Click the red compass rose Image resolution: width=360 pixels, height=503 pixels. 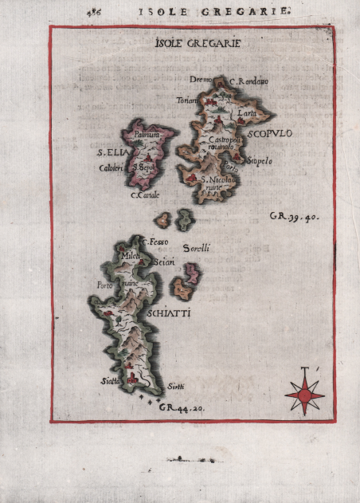(x=304, y=390)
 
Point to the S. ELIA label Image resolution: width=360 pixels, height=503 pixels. (x=108, y=151)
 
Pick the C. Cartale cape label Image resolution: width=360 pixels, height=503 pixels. (x=145, y=195)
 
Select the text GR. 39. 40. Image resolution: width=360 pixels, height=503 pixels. (x=294, y=216)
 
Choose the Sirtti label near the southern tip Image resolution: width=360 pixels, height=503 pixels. (x=175, y=386)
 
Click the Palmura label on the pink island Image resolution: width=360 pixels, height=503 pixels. (x=147, y=136)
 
